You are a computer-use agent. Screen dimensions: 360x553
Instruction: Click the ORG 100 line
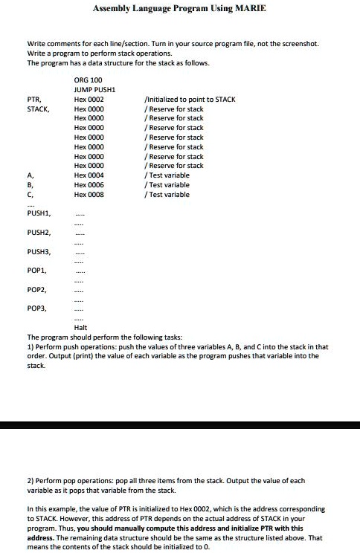(88, 79)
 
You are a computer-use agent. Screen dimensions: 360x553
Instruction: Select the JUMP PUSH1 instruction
(97, 89)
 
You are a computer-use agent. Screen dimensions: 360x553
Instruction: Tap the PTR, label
(33, 99)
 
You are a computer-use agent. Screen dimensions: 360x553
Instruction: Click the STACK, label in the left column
(38, 109)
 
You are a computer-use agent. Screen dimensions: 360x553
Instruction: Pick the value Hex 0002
(89, 99)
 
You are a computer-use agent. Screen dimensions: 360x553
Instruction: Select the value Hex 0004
(89, 175)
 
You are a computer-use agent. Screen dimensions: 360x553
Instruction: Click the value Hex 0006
(89, 185)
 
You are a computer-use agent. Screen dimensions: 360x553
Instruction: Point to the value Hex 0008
(89, 195)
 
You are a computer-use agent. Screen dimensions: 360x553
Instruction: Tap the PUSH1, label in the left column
(38, 213)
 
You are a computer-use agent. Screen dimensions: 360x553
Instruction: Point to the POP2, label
(36, 291)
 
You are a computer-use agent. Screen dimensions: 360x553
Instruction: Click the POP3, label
(36, 308)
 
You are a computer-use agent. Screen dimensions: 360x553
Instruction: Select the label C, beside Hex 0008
(30, 195)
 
